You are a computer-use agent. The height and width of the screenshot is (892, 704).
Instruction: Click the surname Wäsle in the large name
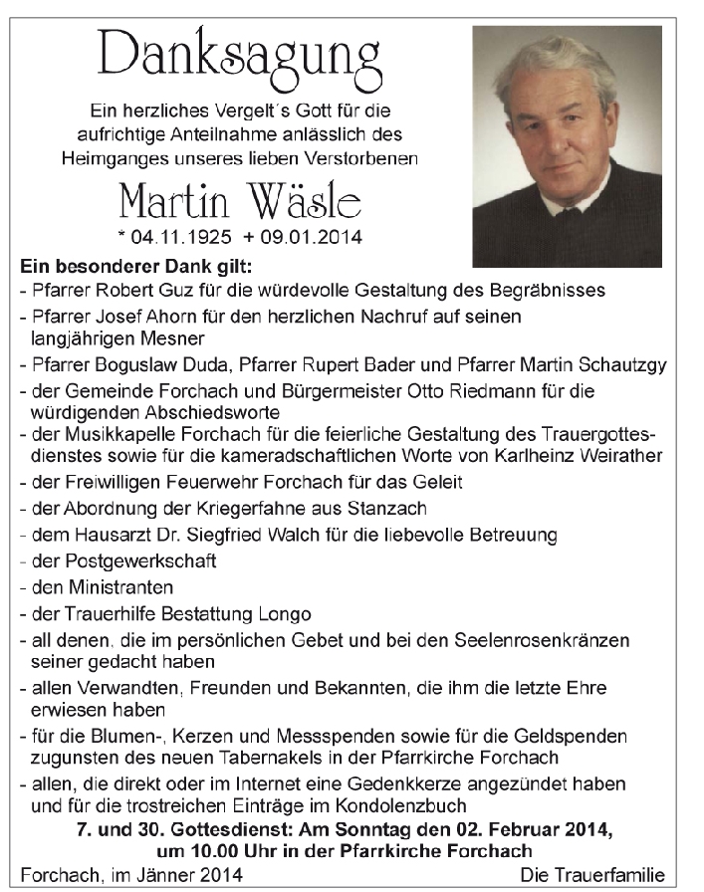point(305,205)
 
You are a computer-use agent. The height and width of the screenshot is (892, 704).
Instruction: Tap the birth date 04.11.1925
point(179,239)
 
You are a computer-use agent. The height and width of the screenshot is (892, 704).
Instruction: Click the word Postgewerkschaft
point(124,561)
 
